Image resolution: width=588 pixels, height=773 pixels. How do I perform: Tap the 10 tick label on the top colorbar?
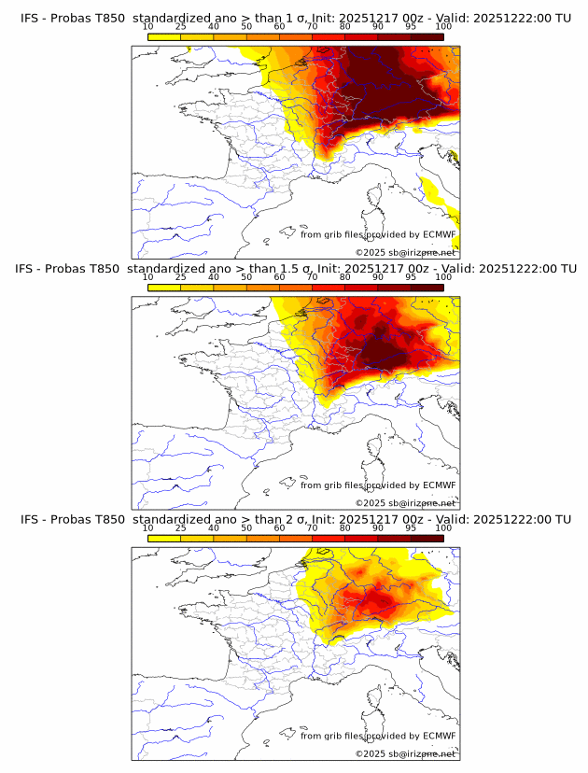147,26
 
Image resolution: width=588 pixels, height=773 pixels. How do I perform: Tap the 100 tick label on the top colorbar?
443,26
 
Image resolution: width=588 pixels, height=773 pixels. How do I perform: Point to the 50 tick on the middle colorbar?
246,277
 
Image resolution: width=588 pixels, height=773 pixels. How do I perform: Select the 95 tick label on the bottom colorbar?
411,527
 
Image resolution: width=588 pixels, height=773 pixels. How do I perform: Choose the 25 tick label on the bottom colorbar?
180,527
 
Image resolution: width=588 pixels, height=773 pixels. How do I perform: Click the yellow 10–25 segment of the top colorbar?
164,36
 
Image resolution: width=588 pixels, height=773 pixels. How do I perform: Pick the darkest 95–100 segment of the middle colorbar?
427,288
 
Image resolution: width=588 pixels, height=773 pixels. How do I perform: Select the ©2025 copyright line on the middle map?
405,503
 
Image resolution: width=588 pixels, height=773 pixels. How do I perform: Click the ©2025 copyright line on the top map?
405,253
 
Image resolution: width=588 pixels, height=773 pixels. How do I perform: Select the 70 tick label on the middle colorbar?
313,277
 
